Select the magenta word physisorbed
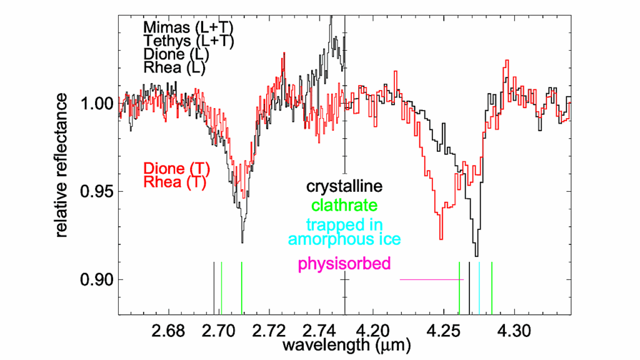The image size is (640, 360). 344,264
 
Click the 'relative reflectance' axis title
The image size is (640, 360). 62,165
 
